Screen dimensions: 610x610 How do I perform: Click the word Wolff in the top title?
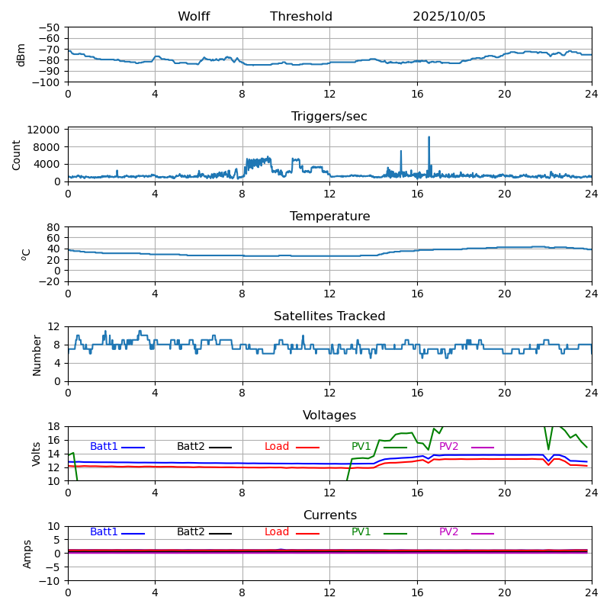pyautogui.click(x=194, y=17)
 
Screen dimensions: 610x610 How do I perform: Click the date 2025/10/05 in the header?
pyautogui.click(x=449, y=17)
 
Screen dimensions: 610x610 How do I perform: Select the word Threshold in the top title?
pyautogui.click(x=301, y=17)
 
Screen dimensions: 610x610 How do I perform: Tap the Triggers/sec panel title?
pyautogui.click(x=329, y=117)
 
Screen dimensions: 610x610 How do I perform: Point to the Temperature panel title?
pyautogui.click(x=329, y=217)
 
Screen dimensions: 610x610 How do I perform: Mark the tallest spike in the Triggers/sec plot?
pyautogui.click(x=429, y=137)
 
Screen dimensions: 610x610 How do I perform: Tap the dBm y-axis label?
pyautogui.click(x=21, y=55)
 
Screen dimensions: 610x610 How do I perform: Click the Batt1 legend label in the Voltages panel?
pyautogui.click(x=104, y=447)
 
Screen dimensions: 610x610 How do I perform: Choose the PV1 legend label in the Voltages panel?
pyautogui.click(x=361, y=447)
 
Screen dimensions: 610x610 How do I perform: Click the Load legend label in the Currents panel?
pyautogui.click(x=277, y=532)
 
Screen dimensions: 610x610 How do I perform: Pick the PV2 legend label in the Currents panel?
pyautogui.click(x=449, y=532)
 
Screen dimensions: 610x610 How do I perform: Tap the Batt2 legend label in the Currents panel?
pyautogui.click(x=191, y=532)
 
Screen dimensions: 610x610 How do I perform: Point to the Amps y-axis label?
pyautogui.click(x=27, y=554)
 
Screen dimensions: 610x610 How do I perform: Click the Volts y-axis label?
pyautogui.click(x=37, y=454)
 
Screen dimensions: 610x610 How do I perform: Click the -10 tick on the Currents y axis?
pyautogui.click(x=50, y=581)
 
